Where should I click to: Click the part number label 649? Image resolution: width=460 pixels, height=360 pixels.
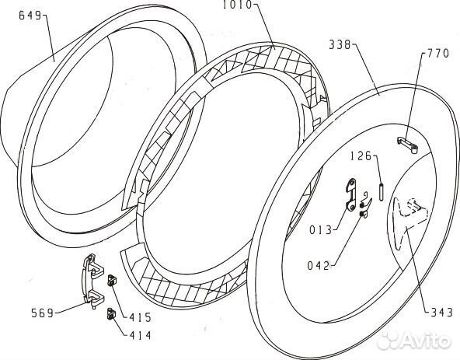[30, 16]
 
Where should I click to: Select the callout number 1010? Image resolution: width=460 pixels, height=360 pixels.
[237, 5]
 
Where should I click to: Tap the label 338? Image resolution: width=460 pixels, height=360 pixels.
[340, 44]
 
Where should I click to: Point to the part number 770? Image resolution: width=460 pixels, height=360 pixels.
[438, 54]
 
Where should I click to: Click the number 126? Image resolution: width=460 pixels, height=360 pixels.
[361, 156]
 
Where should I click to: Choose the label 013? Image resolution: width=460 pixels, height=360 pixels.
[320, 230]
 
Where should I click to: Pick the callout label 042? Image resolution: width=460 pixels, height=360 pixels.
[319, 265]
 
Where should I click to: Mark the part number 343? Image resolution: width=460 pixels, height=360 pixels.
[441, 313]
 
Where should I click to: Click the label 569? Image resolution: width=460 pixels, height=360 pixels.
[42, 313]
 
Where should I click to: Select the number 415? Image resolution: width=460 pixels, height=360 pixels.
[140, 317]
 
